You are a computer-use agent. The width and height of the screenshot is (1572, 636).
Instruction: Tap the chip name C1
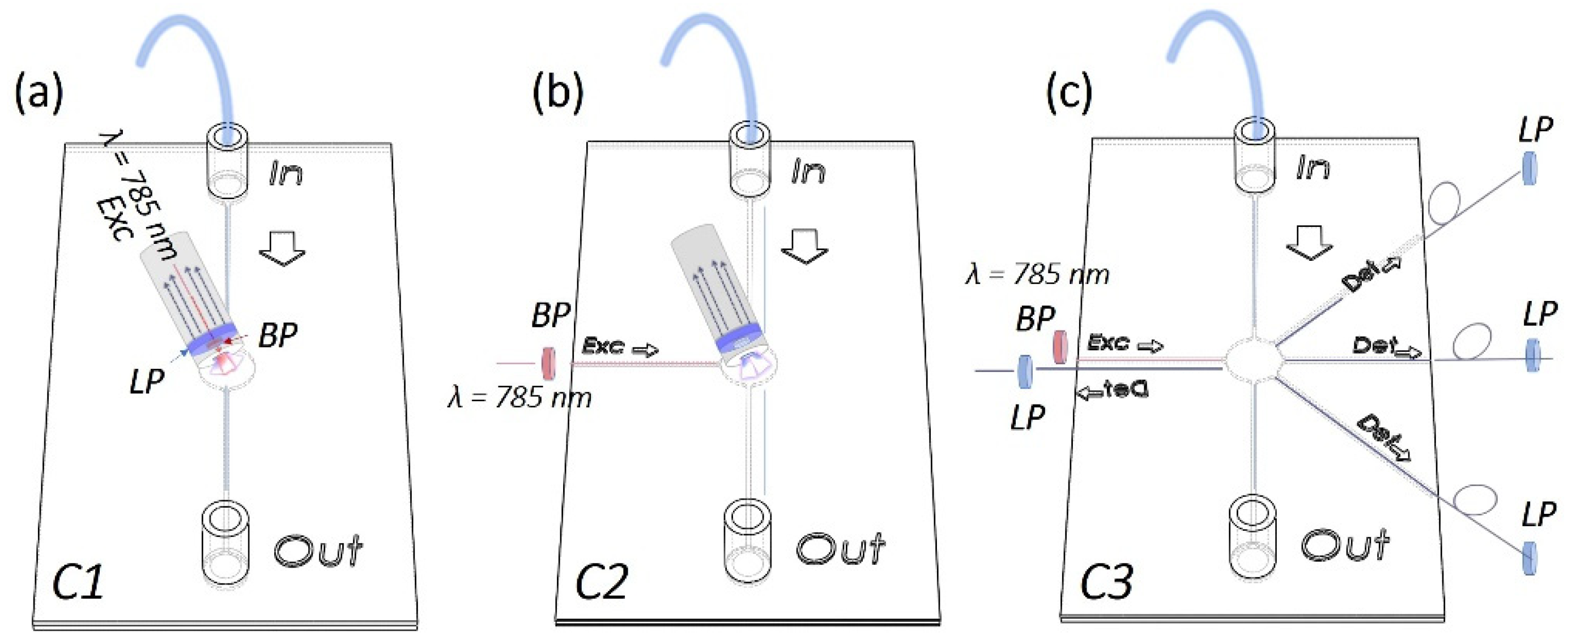click(x=78, y=582)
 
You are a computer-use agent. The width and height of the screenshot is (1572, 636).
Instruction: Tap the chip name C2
click(x=601, y=582)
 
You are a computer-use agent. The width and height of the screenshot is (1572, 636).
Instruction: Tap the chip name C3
click(x=1106, y=582)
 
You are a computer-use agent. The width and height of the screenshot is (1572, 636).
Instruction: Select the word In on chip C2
click(x=808, y=173)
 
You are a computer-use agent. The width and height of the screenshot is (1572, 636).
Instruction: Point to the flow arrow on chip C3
click(x=1309, y=243)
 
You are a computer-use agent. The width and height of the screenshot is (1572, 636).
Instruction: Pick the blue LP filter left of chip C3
click(x=1025, y=371)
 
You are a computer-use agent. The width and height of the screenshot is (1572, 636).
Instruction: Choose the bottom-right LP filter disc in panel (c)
click(x=1530, y=557)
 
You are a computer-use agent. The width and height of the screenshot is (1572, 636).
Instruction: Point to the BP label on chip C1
click(x=278, y=336)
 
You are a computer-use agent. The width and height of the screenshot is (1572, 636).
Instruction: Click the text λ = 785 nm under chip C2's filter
click(x=520, y=398)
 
